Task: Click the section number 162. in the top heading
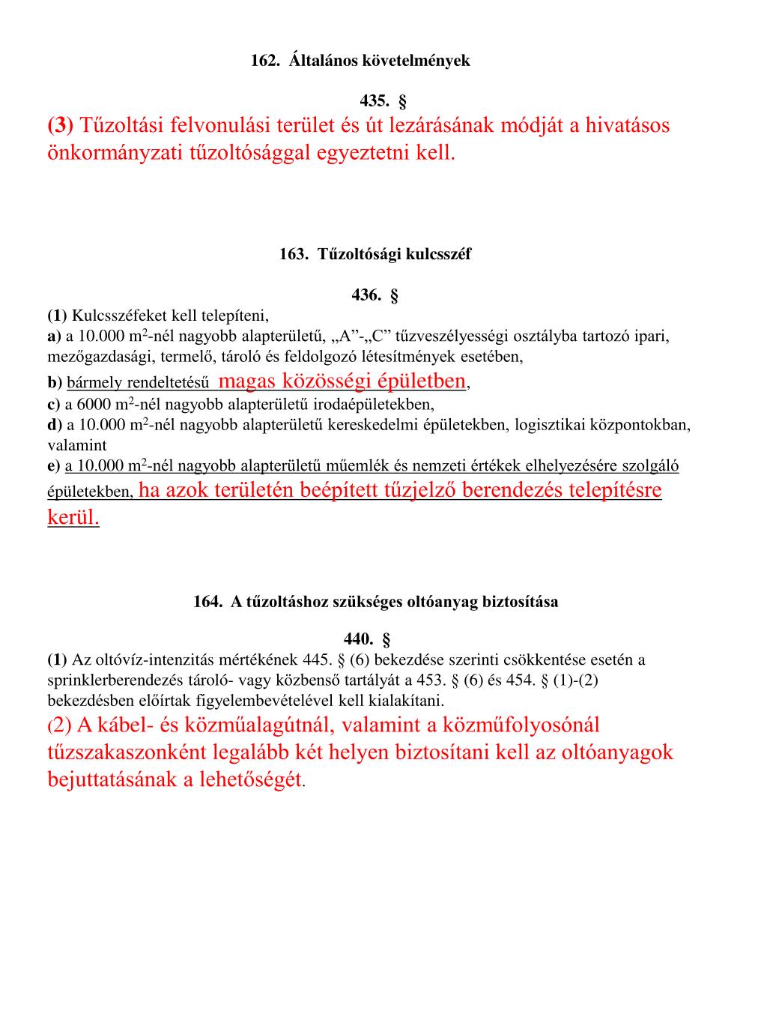point(264,61)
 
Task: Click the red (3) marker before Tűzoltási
point(60,125)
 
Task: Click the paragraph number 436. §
point(375,295)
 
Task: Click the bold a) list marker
point(54,336)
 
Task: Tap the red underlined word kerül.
point(73,518)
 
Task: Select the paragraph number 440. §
point(367,639)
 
